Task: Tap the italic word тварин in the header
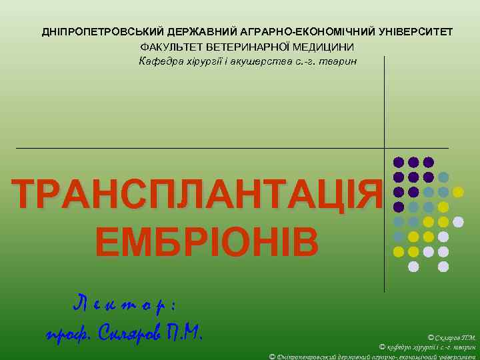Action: click(x=341, y=62)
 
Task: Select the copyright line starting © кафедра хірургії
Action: click(x=427, y=347)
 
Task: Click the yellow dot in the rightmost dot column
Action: click(x=458, y=192)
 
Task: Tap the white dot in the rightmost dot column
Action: click(x=458, y=222)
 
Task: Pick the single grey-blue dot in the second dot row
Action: click(x=443, y=177)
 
